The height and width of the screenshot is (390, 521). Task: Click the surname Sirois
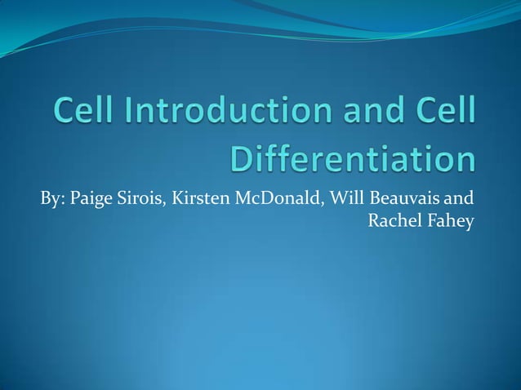point(142,200)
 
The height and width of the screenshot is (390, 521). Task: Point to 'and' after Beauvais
point(461,200)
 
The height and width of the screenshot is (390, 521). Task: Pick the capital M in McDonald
point(243,200)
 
